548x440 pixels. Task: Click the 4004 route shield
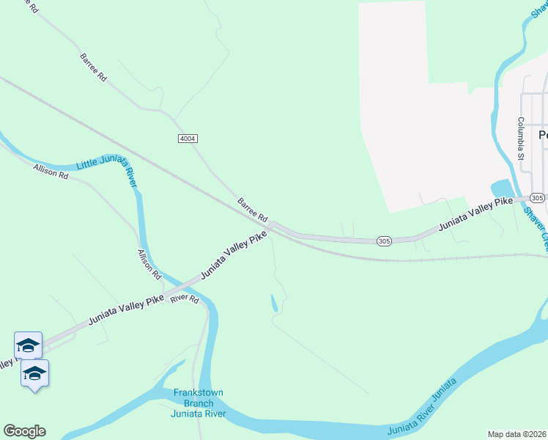(x=188, y=139)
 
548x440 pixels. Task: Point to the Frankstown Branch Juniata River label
(x=198, y=403)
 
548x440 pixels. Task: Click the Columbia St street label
(x=521, y=138)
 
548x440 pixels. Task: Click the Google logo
(x=24, y=431)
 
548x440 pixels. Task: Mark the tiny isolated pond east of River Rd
(x=274, y=304)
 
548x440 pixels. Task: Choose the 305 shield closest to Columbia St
(x=537, y=198)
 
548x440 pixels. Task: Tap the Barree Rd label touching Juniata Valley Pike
(x=253, y=210)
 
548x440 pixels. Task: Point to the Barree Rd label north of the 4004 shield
(x=94, y=67)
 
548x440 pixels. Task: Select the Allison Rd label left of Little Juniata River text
(x=51, y=172)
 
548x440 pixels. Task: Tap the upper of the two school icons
(x=28, y=345)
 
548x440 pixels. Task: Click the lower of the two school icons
(x=34, y=373)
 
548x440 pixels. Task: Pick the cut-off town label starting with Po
(x=543, y=135)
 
